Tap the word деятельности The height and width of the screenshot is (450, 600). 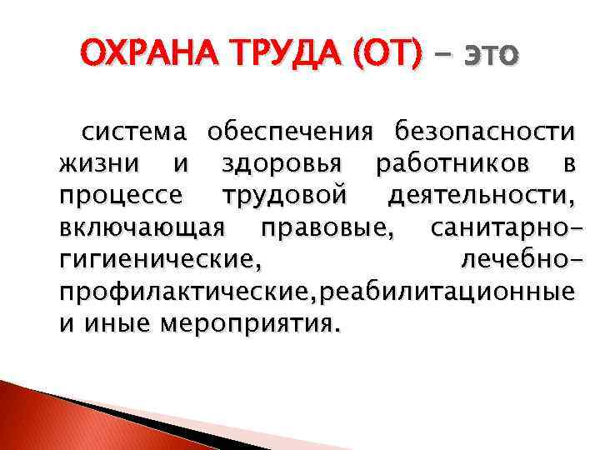(480, 196)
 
